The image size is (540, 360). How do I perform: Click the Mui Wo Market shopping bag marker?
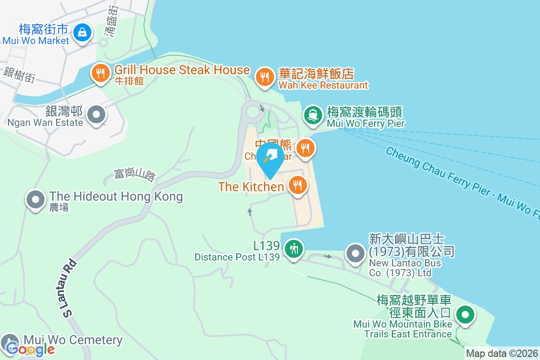coord(82,32)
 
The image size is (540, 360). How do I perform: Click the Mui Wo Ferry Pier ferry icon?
coord(313,115)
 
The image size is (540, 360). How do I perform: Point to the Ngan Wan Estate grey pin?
coord(96,114)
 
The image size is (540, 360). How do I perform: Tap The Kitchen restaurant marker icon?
coord(297,184)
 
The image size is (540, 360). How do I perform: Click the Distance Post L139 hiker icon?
coord(294,248)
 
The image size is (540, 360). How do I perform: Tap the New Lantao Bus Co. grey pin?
coord(355,253)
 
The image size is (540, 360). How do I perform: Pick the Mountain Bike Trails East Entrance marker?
coord(465,315)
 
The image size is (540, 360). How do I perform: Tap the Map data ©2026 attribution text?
coord(502,354)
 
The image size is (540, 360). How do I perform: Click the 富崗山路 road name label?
coord(135,174)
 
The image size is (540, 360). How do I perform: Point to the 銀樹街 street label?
coord(19,75)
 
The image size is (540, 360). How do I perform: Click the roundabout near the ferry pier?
coord(253,112)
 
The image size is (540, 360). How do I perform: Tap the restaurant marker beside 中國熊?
coord(306,147)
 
